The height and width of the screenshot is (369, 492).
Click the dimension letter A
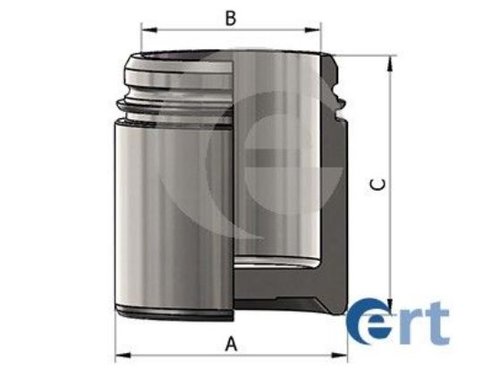[x=232, y=341]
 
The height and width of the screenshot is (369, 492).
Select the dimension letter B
[x=230, y=16]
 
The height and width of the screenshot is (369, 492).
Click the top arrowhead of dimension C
[x=389, y=63]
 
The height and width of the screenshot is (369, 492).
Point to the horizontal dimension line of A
[x=179, y=353]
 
